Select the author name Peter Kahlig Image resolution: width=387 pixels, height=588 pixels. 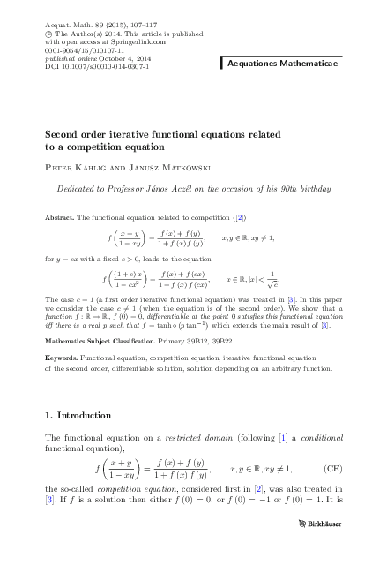pos(72,168)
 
